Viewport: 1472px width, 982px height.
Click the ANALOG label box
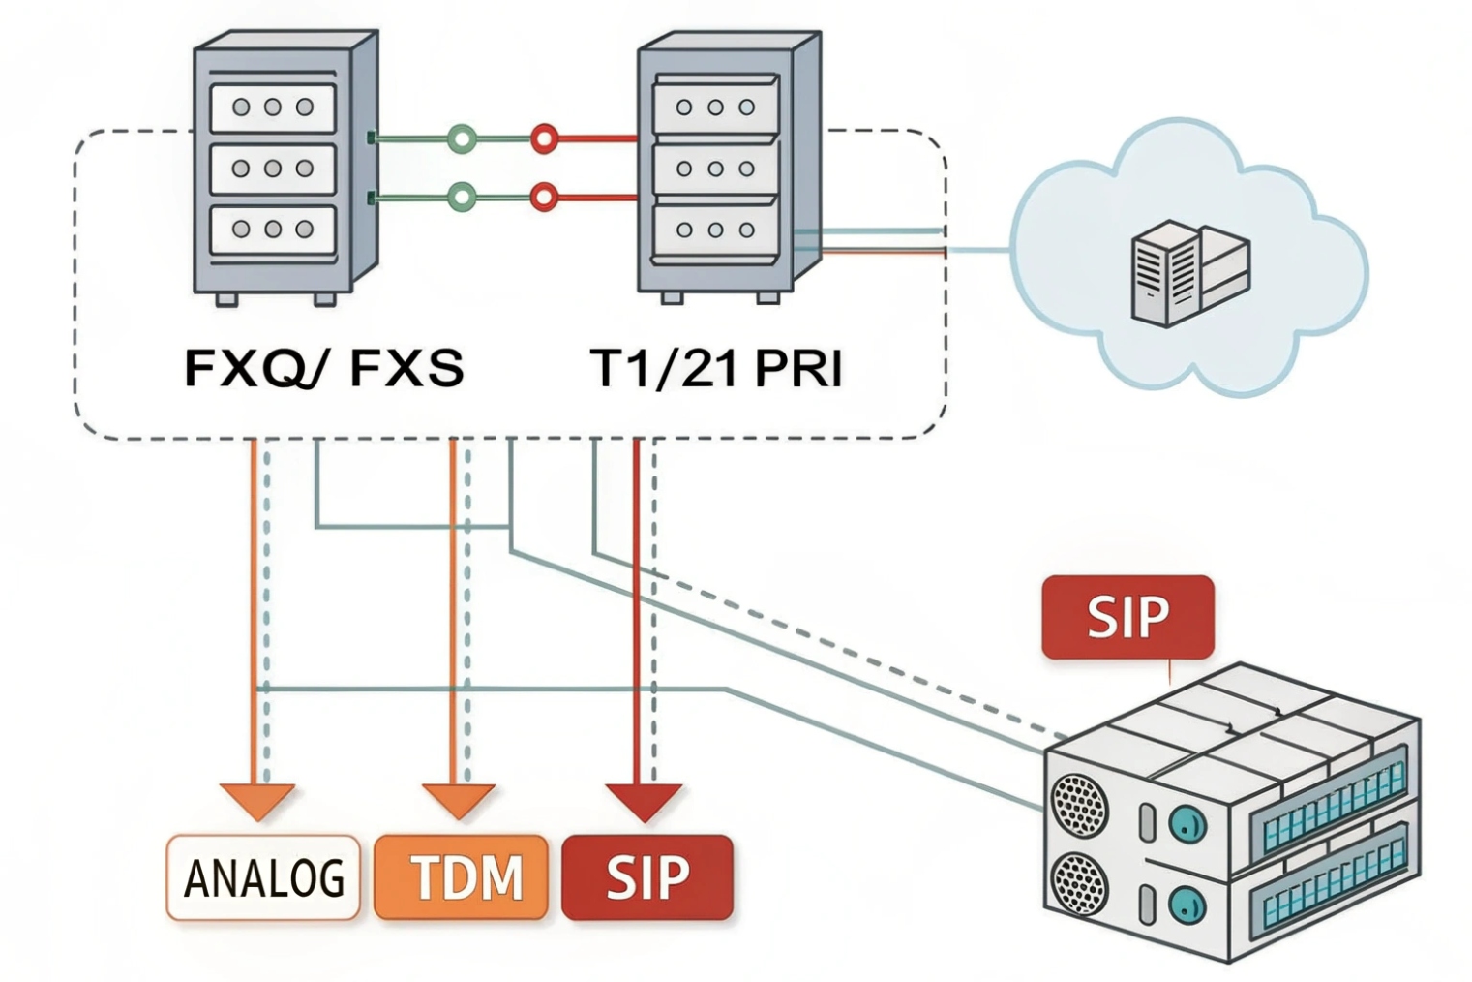[263, 877]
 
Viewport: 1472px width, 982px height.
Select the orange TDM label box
[462, 877]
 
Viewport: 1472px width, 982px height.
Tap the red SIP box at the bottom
[646, 877]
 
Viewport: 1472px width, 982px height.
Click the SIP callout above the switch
[1127, 617]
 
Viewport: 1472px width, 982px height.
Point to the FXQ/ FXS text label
[323, 369]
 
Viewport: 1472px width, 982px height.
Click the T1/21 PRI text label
[715, 369]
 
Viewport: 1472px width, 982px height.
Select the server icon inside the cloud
[1189, 272]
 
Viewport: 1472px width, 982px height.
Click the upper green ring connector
[463, 139]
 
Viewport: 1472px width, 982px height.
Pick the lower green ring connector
[463, 199]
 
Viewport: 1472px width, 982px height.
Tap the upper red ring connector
[545, 139]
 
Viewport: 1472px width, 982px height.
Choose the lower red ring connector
[545, 199]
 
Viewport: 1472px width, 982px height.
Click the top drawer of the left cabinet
[273, 107]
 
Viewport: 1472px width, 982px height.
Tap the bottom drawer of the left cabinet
[273, 230]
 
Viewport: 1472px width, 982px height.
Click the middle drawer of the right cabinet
[714, 169]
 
